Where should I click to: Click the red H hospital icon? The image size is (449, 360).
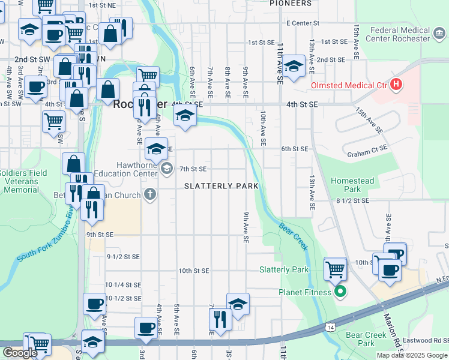396,85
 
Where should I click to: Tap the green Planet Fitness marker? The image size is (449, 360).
340,292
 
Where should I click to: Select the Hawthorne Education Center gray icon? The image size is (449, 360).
166,169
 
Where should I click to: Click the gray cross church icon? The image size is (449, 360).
149,194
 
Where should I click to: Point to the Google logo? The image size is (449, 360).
20,353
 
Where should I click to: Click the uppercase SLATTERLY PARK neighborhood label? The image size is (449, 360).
221,186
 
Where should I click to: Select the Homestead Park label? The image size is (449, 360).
352,185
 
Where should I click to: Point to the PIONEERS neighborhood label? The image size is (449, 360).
291,4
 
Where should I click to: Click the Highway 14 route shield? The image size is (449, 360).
331,327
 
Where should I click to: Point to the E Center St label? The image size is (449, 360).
303,23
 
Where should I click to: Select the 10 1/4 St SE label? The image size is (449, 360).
123,285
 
